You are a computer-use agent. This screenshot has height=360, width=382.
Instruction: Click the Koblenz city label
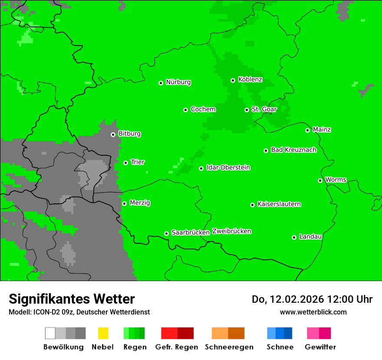(x=250, y=79)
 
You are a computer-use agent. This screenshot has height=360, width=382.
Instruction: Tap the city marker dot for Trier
(x=126, y=163)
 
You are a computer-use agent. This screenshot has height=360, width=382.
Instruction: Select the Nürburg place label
(x=178, y=82)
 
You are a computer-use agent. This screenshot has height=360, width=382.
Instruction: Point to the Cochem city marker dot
(x=186, y=110)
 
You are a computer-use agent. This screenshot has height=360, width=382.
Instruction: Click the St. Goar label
(x=264, y=109)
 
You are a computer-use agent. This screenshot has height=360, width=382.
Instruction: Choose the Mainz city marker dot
(x=308, y=130)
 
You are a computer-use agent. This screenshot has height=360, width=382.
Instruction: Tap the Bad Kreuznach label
(x=293, y=150)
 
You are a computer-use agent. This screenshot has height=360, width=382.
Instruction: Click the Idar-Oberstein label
(x=228, y=167)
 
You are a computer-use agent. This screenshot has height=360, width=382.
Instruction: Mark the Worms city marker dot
(x=320, y=180)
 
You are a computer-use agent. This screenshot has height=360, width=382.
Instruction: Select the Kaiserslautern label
(x=279, y=204)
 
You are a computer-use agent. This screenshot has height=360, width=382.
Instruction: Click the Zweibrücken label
(x=231, y=231)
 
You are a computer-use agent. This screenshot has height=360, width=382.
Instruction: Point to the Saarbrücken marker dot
(x=167, y=233)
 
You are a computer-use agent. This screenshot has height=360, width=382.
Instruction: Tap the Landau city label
(x=310, y=236)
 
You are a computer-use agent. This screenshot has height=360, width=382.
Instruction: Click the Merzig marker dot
(x=125, y=203)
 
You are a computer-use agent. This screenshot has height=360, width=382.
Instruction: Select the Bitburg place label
(x=129, y=134)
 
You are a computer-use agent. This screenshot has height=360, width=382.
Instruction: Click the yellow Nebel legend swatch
(x=103, y=333)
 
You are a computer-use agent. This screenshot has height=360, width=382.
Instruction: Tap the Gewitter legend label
(x=320, y=347)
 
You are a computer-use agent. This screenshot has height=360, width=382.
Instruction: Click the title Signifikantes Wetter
(x=72, y=299)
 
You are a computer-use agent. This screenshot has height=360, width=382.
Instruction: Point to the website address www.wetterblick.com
(x=313, y=312)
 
